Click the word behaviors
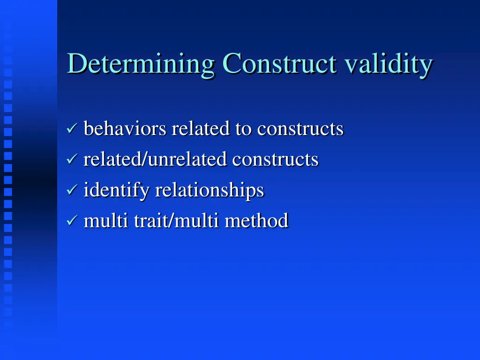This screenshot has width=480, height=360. [125, 128]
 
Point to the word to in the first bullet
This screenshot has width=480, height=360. [243, 128]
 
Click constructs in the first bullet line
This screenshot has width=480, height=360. [300, 128]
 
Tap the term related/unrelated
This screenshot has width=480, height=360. [155, 159]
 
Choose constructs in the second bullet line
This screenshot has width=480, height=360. [275, 159]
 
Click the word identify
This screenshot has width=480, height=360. [117, 191]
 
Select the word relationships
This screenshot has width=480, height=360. [210, 191]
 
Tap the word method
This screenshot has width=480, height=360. [256, 221]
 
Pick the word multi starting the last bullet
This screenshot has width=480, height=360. [106, 221]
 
